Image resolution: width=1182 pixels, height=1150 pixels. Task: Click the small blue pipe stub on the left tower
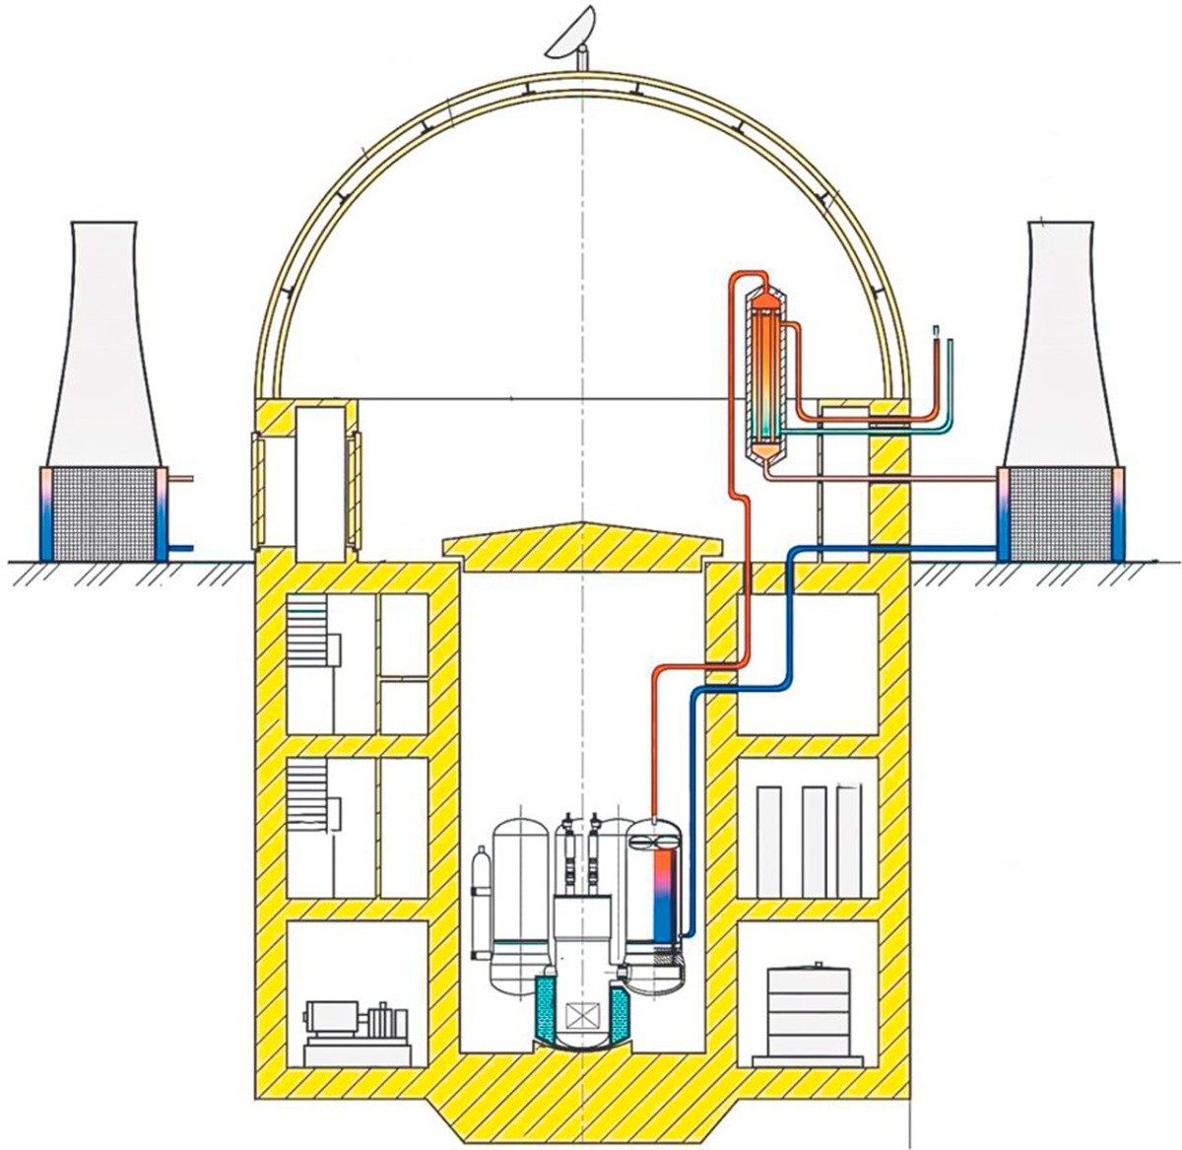[x=182, y=547]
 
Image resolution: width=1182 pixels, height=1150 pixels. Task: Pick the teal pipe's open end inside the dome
[x=951, y=344]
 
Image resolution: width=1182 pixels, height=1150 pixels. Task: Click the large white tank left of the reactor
[x=519, y=902]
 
